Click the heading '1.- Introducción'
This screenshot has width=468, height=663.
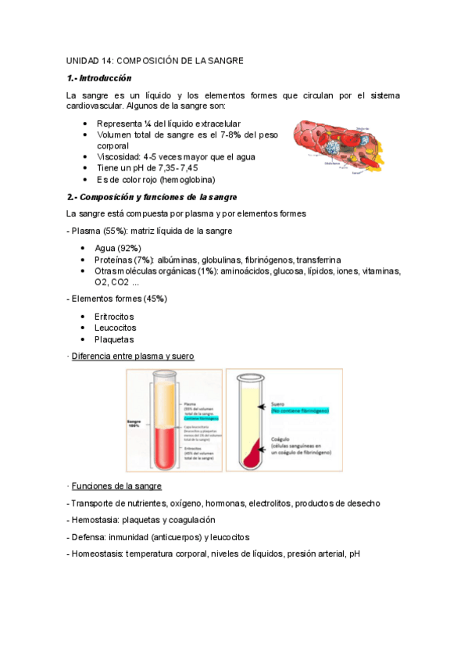tap(99, 78)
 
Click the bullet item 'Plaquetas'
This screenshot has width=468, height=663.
tap(114, 339)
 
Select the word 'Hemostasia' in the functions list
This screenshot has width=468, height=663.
tap(95, 520)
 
